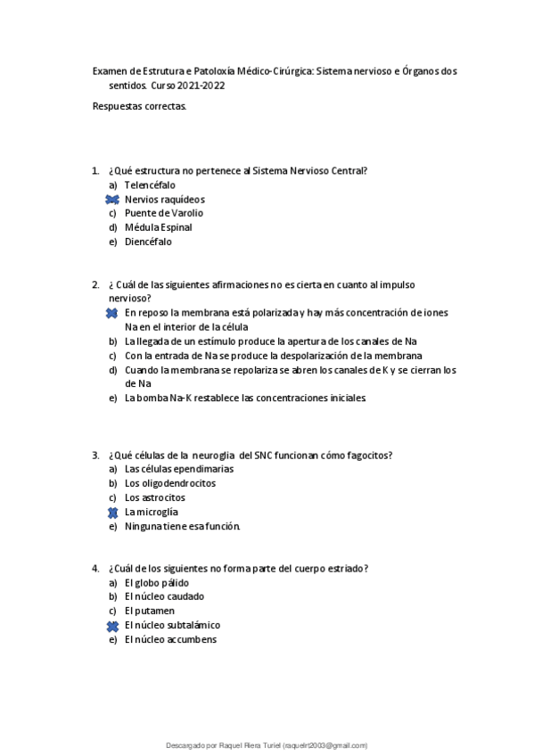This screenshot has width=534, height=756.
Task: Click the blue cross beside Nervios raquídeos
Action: tap(112, 199)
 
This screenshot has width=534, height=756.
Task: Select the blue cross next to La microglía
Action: tap(112, 513)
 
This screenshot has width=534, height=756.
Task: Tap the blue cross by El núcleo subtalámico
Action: tap(112, 626)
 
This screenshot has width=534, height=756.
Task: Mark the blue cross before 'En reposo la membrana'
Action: tap(112, 313)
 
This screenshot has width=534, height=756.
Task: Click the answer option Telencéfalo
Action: tap(149, 185)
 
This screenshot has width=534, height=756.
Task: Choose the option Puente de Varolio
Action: tap(163, 213)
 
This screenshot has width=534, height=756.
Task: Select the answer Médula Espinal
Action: tap(158, 227)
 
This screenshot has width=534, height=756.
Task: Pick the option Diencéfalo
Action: tap(148, 242)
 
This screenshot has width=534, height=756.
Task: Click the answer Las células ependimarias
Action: tap(178, 469)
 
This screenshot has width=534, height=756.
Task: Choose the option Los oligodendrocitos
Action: tap(169, 483)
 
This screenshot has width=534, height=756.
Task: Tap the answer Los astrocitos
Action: tap(154, 497)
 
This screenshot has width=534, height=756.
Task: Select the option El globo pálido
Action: tap(156, 583)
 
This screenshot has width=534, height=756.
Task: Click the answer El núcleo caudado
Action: tap(164, 596)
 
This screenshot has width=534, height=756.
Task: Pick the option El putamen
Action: tap(149, 611)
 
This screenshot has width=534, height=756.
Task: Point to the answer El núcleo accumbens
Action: tap(170, 639)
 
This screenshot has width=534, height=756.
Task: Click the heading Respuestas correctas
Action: tap(139, 106)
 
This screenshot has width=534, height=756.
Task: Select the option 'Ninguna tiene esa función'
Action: tap(182, 527)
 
